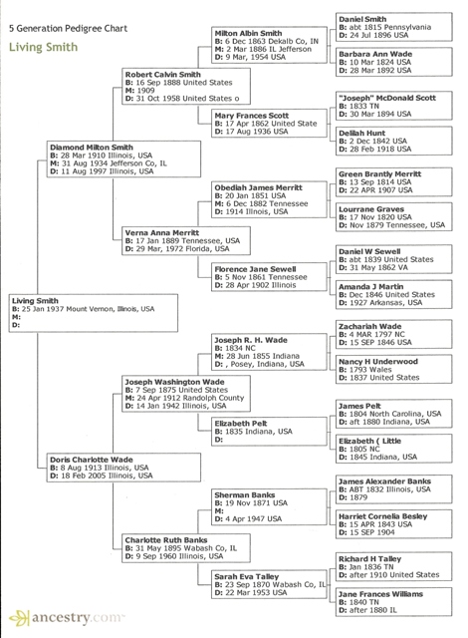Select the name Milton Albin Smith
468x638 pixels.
(x=254, y=33)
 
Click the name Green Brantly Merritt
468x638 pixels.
(x=381, y=173)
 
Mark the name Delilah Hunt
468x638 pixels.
(x=360, y=132)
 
